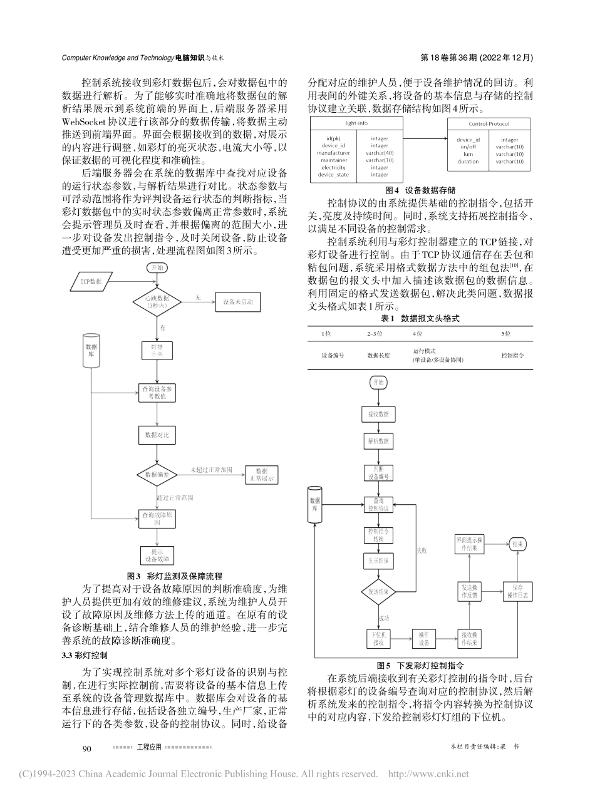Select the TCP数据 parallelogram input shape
click(91, 281)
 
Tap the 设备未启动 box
click(237, 301)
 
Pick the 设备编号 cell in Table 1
click(333, 355)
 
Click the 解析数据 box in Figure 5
click(378, 441)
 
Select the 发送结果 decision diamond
click(378, 591)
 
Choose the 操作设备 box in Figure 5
click(424, 638)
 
